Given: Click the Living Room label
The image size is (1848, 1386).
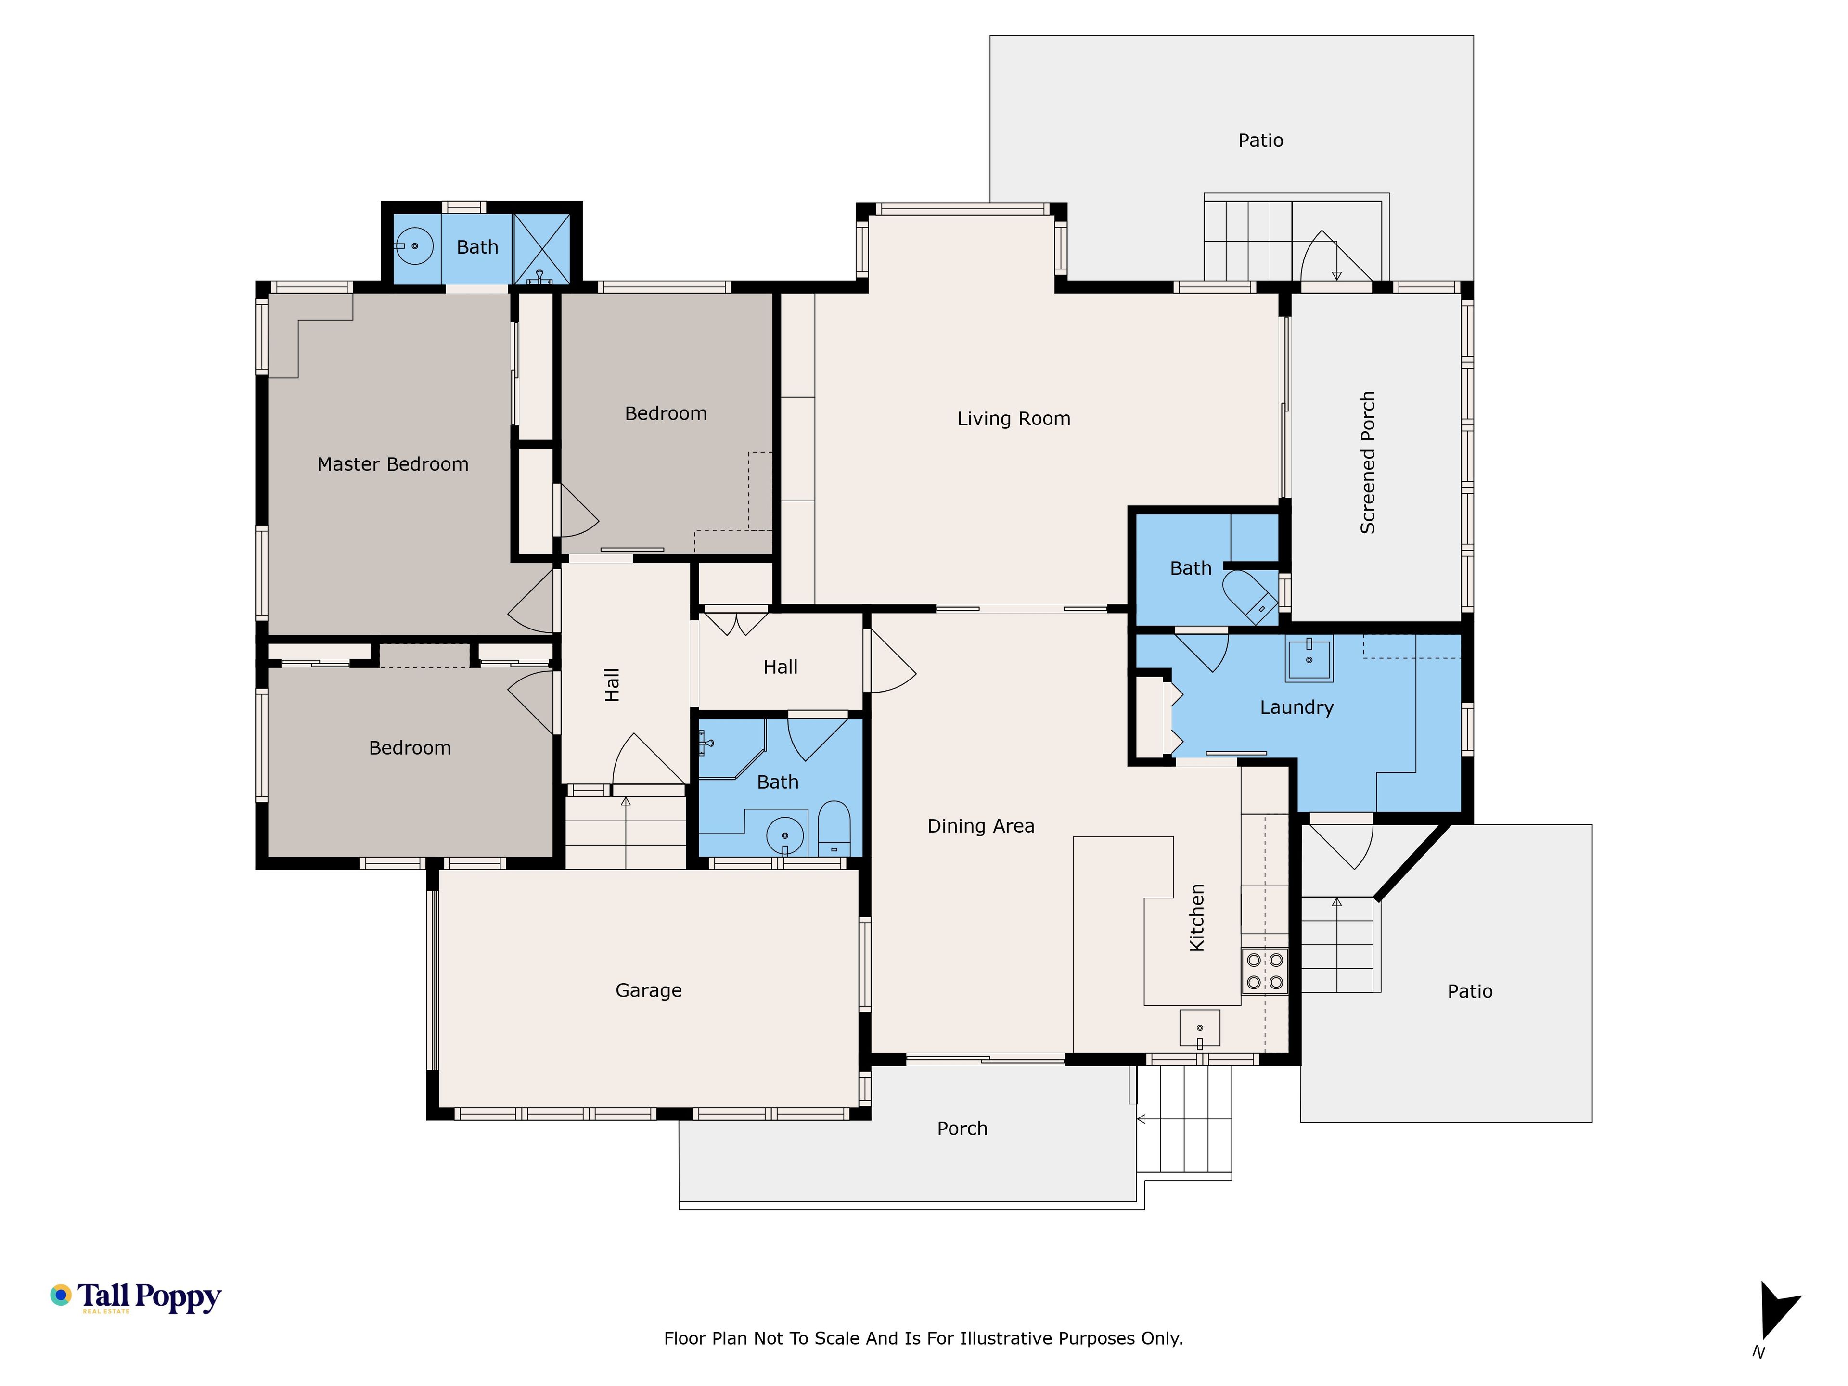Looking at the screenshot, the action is pos(1014,419).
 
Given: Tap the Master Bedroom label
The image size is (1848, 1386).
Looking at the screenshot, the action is pos(393,464).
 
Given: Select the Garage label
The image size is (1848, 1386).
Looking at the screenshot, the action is pos(648,991).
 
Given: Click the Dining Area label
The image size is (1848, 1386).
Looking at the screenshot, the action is pos(981,826).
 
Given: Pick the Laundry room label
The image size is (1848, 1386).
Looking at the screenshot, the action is pos(1296,707).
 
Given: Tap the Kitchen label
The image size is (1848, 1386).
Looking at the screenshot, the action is pos(1197,917).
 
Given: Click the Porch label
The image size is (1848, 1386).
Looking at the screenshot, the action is pos(962,1129).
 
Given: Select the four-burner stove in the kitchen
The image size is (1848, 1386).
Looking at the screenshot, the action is pos(1265,971).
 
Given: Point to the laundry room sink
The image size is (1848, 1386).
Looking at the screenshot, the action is pos(1309,660).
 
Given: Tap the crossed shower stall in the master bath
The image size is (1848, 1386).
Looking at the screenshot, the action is pos(541,249).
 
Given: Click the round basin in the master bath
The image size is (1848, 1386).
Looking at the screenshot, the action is pos(413,246).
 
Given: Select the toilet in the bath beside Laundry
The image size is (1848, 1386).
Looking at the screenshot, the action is pos(1250,596).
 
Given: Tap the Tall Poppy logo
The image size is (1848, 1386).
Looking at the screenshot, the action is pos(135,1297).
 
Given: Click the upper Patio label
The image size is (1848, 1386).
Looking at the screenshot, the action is pos(1261,141).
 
